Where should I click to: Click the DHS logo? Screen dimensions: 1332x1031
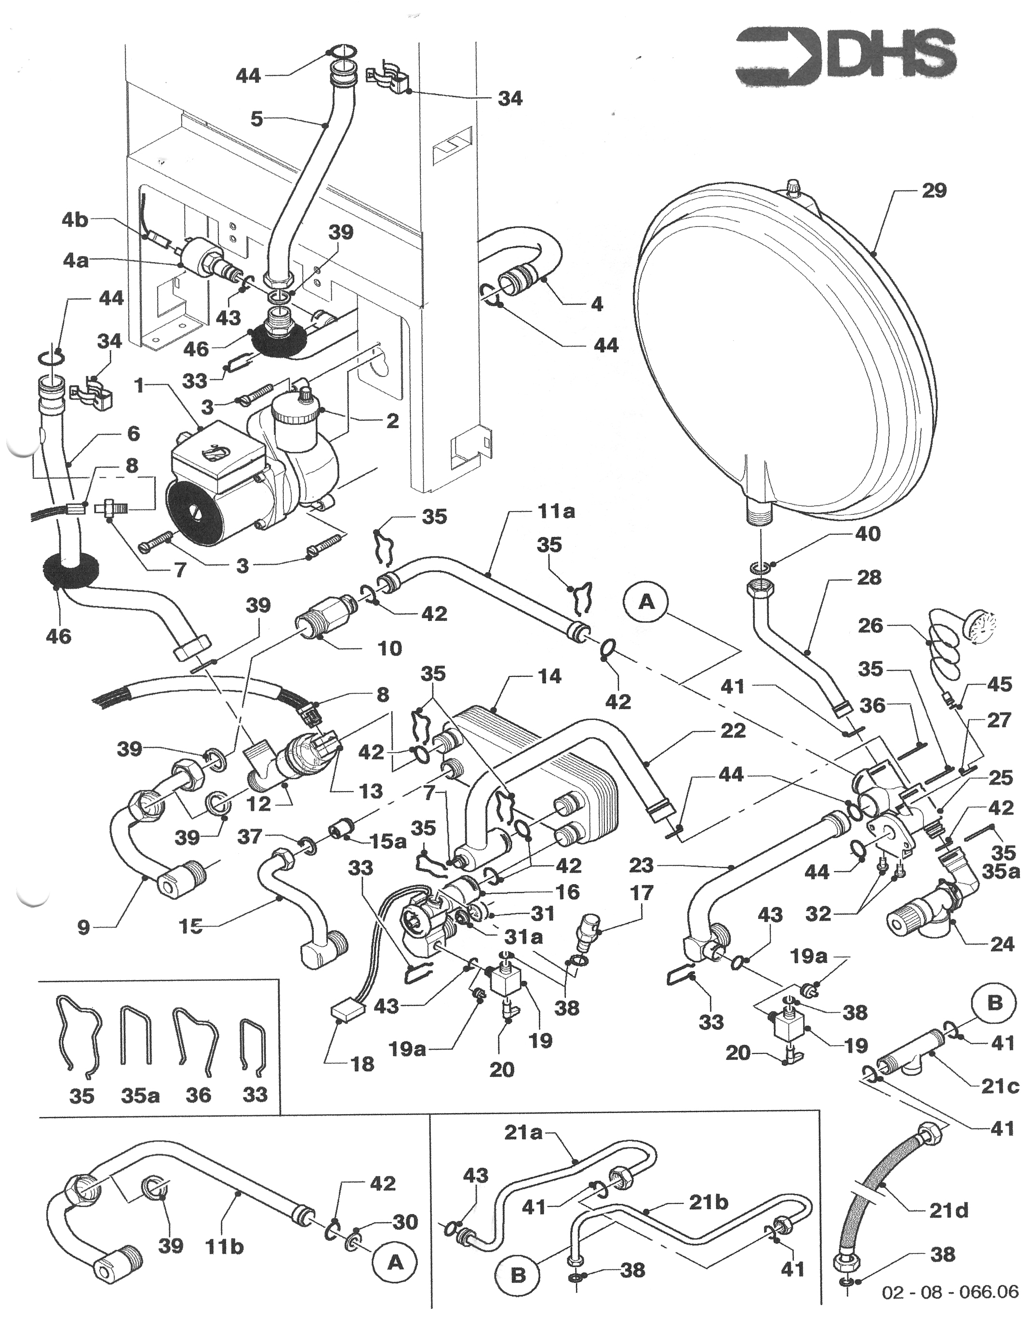click(845, 58)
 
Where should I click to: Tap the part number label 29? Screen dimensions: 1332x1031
click(934, 191)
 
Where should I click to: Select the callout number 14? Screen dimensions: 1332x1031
click(548, 676)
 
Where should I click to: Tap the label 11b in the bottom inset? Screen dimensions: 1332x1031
click(224, 1247)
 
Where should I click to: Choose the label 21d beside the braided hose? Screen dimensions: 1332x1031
click(948, 1210)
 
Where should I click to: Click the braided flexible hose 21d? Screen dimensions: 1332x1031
click(872, 1196)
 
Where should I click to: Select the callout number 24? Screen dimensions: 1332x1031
click(1002, 944)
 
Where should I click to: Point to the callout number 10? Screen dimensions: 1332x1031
click(389, 648)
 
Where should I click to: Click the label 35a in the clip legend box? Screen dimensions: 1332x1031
click(140, 1095)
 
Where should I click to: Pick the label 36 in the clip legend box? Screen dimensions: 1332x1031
click(198, 1095)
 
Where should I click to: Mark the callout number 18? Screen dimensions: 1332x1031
click(362, 1064)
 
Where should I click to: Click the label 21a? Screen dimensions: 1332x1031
click(523, 1132)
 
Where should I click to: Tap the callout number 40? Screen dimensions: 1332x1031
click(868, 534)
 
